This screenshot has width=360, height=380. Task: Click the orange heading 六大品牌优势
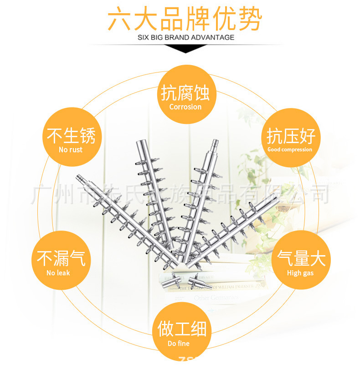185,19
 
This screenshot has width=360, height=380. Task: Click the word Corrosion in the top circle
185,107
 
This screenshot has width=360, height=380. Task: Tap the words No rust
71,149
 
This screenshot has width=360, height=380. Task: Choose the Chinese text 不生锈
71,135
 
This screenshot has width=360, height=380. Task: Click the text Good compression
290,149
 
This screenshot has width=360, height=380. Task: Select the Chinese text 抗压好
291,136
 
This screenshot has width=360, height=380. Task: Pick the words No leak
58,273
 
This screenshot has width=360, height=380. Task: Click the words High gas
300,273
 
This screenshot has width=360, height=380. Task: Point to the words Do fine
178,343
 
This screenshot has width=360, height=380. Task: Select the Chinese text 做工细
182,329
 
